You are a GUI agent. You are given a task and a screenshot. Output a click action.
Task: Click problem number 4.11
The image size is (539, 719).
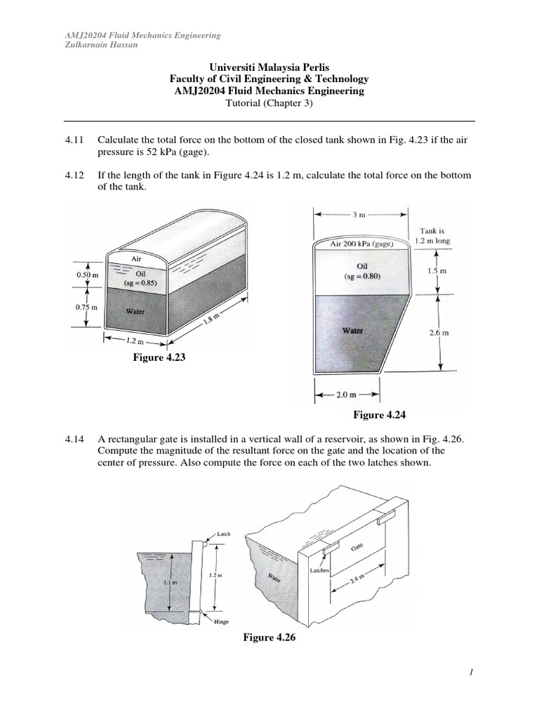click(74, 140)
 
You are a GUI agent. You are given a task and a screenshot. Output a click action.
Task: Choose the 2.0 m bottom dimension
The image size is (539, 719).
click(347, 395)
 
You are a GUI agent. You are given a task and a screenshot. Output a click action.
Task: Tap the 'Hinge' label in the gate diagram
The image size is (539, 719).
click(221, 621)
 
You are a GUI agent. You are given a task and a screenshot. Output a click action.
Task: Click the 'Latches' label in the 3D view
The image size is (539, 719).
click(319, 571)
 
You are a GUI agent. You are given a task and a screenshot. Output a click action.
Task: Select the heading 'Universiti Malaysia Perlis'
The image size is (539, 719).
click(269, 67)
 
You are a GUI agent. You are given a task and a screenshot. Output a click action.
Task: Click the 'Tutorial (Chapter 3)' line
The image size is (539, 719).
click(269, 103)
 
